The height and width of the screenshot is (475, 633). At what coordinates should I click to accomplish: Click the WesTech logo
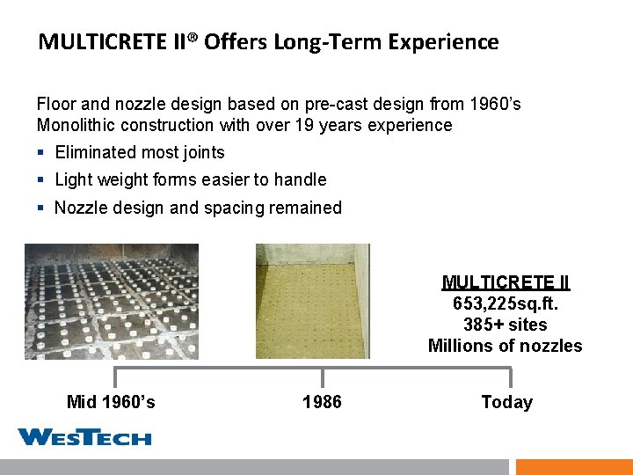pyautogui.click(x=84, y=436)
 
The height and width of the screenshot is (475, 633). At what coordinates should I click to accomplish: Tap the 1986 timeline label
pyautogui.click(x=322, y=402)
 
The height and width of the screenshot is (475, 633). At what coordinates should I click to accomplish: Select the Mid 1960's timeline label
pyautogui.click(x=111, y=402)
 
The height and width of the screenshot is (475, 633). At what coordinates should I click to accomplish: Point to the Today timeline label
pyautogui.click(x=506, y=402)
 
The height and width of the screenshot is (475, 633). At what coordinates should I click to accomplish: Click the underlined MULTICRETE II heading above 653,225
pyautogui.click(x=506, y=282)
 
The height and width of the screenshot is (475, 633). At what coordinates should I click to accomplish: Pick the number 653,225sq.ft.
pyautogui.click(x=506, y=303)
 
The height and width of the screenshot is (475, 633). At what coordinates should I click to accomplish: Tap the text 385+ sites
pyautogui.click(x=506, y=325)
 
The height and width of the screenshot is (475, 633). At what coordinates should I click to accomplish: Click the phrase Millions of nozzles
pyautogui.click(x=506, y=346)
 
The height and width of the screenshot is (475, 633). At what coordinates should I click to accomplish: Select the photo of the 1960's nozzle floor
pyautogui.click(x=111, y=302)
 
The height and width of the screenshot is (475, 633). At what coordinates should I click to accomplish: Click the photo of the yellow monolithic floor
pyautogui.click(x=313, y=302)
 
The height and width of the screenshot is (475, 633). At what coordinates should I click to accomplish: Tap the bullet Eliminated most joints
pyautogui.click(x=140, y=152)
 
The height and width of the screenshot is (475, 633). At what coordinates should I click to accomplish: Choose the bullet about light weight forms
pyautogui.click(x=190, y=179)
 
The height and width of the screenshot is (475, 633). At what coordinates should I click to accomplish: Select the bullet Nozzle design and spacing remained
pyautogui.click(x=198, y=208)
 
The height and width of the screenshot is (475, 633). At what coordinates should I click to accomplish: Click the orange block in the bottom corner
pyautogui.click(x=574, y=467)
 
